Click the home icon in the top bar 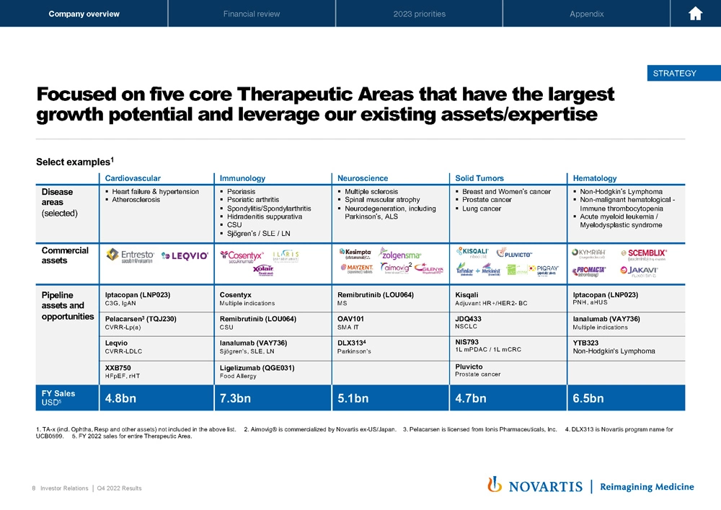coord(695,14)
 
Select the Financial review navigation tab coord(252,14)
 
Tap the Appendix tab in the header coord(586,14)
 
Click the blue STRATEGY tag coord(674,73)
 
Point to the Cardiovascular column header coord(133,178)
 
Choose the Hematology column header coord(595,178)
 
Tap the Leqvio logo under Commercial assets coord(185,255)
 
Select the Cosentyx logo coord(242,255)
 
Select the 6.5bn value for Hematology coord(588,398)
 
